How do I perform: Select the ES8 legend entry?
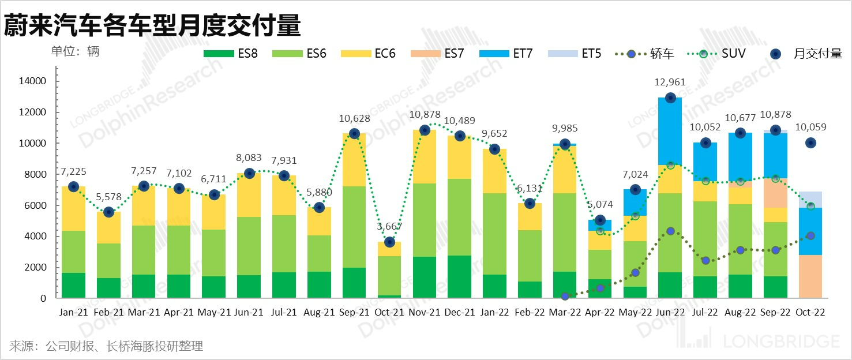point(230,54)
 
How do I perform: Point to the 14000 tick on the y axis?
point(33,81)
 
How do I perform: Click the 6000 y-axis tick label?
point(35,205)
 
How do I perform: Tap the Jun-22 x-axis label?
point(670,312)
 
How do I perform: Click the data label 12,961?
point(670,82)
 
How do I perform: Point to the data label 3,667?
point(389,227)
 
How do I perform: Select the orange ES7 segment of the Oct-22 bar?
point(810,276)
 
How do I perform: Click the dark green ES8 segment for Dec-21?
point(460,277)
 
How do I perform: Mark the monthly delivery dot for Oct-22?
point(811,142)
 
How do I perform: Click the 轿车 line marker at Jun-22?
point(670,231)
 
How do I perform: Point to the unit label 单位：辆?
point(75,51)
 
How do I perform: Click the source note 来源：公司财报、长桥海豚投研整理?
point(106,346)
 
